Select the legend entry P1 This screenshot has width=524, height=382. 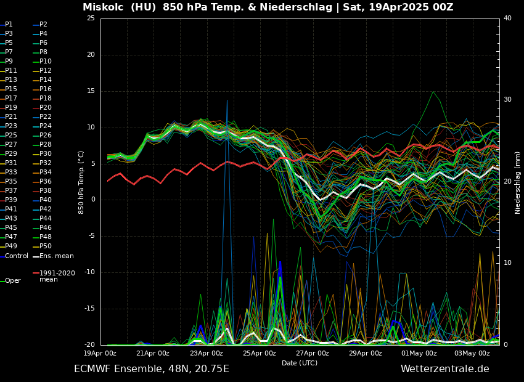tap(9, 25)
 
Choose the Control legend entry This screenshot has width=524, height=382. tap(17, 256)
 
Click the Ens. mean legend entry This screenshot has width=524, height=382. tap(56, 256)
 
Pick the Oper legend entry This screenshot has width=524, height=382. tap(12, 281)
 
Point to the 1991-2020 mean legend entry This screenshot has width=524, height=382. tap(57, 276)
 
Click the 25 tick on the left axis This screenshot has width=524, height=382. tap(91, 18)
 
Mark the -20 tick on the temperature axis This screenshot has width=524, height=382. tap(89, 345)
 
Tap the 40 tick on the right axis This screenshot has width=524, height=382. tap(507, 18)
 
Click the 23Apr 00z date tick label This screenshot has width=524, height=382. tap(207, 354)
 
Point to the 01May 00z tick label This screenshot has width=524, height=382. tap(419, 354)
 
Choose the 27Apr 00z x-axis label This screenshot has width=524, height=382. tap(313, 354)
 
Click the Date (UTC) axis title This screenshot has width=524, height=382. tap(300, 364)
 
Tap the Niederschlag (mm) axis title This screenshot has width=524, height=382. tap(518, 182)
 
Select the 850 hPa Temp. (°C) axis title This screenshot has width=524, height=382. tap(81, 182)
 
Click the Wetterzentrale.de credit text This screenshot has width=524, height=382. tap(444, 369)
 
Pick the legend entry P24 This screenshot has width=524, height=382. tap(46, 126)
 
